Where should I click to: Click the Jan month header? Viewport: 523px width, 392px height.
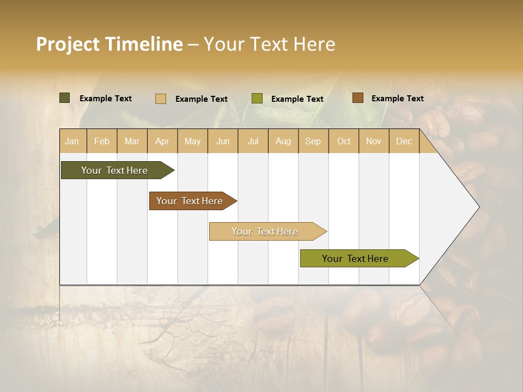[x=72, y=142]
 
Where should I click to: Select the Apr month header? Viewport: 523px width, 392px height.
[x=162, y=142]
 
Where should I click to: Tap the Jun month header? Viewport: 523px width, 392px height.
[x=223, y=142]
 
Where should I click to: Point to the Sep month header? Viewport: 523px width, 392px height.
[x=313, y=142]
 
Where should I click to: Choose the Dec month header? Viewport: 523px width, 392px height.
[x=404, y=142]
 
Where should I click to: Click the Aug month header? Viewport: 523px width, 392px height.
[x=283, y=142]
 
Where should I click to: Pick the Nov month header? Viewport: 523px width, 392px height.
[x=374, y=142]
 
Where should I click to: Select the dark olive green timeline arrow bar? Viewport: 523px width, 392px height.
[x=114, y=170]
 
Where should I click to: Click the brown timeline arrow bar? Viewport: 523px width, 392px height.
[x=190, y=201]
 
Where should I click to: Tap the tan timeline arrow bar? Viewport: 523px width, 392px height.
[x=265, y=231]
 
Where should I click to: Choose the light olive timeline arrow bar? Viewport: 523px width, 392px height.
[x=355, y=259]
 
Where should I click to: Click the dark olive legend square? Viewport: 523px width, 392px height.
[x=65, y=98]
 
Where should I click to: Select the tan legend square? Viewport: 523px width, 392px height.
[x=161, y=99]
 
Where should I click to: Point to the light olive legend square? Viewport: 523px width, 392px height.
[x=257, y=99]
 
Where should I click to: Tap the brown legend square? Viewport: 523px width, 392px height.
[x=358, y=98]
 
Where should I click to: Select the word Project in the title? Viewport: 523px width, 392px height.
[x=68, y=44]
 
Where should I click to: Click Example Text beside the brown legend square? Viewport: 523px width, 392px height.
[x=397, y=99]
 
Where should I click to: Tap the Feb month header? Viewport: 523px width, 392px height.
[x=102, y=142]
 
